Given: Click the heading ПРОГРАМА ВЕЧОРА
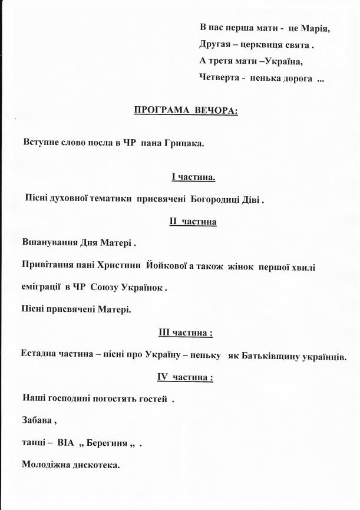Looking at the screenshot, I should [x=186, y=110].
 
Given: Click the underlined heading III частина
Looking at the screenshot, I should [x=185, y=333].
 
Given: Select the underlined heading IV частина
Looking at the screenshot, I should [x=184, y=377].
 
